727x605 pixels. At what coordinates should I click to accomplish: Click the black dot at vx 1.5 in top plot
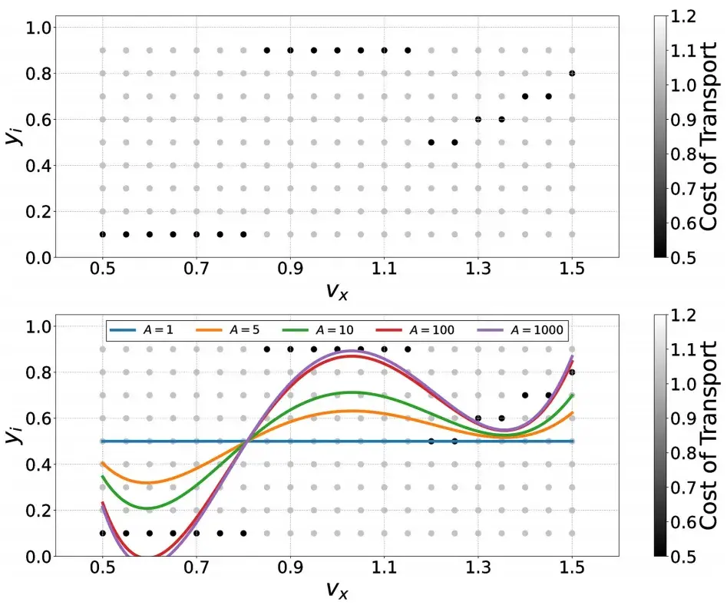pyautogui.click(x=572, y=74)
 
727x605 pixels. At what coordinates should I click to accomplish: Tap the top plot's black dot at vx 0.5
pyautogui.click(x=102, y=234)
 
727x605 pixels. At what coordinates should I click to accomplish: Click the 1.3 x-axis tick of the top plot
pyautogui.click(x=478, y=268)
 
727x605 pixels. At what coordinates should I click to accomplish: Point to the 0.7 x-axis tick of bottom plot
pyautogui.click(x=196, y=567)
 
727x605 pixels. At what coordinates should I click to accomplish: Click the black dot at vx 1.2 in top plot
pyautogui.click(x=431, y=142)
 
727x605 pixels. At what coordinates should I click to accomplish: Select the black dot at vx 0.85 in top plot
pyautogui.click(x=267, y=51)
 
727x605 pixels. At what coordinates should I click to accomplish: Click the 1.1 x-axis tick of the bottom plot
pyautogui.click(x=384, y=567)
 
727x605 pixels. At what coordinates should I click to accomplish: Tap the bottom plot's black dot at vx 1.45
pyautogui.click(x=548, y=395)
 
